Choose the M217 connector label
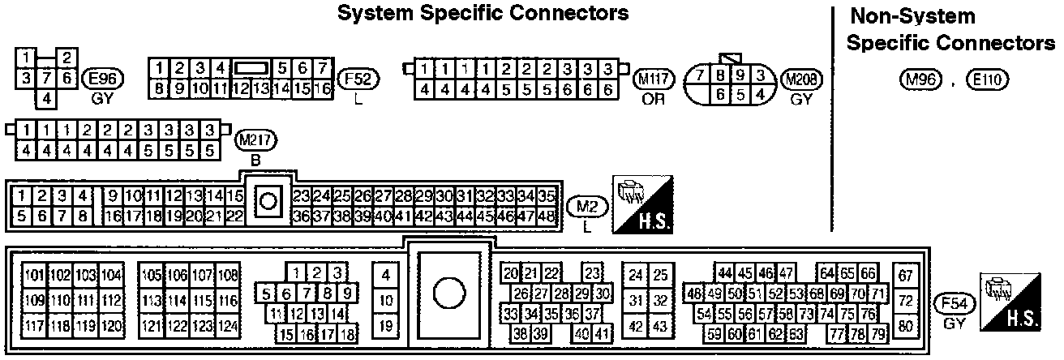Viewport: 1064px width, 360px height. [x=255, y=141]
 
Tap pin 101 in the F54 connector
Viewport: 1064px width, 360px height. [x=34, y=274]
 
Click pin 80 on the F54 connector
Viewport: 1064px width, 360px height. [x=906, y=327]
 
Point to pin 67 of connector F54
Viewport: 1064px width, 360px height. [x=906, y=274]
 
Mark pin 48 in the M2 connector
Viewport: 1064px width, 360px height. [x=546, y=216]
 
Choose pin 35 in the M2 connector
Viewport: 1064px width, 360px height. [x=546, y=196]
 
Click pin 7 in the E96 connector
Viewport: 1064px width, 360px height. [x=47, y=78]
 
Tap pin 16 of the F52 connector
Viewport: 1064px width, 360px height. [x=322, y=88]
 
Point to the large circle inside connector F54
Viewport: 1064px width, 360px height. [x=448, y=294]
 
